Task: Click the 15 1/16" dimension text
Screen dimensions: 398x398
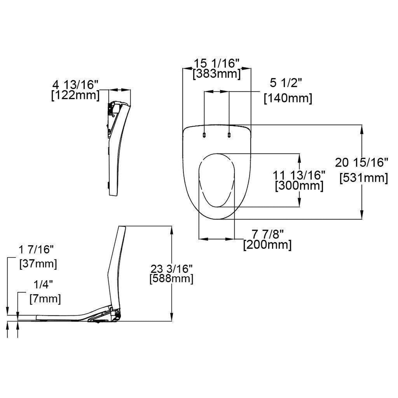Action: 218,63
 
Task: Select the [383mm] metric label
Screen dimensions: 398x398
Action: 216,74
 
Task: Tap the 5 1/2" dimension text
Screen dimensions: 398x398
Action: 286,83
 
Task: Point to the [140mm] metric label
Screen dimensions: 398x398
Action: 288,98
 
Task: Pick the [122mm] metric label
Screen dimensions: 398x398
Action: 75,95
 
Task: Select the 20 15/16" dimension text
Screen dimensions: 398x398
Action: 361,163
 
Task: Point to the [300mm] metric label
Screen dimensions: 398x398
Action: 299,185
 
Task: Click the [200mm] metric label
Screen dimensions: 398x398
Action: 267,245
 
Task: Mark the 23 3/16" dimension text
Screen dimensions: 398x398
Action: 171,268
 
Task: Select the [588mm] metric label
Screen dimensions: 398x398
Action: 171,278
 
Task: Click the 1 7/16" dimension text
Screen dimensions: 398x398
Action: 36,250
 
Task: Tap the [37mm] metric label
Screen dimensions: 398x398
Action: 38,264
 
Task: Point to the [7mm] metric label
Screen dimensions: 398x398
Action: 45,299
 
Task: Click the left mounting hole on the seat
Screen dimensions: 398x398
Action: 204,134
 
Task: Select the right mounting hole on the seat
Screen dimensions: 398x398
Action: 229,134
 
